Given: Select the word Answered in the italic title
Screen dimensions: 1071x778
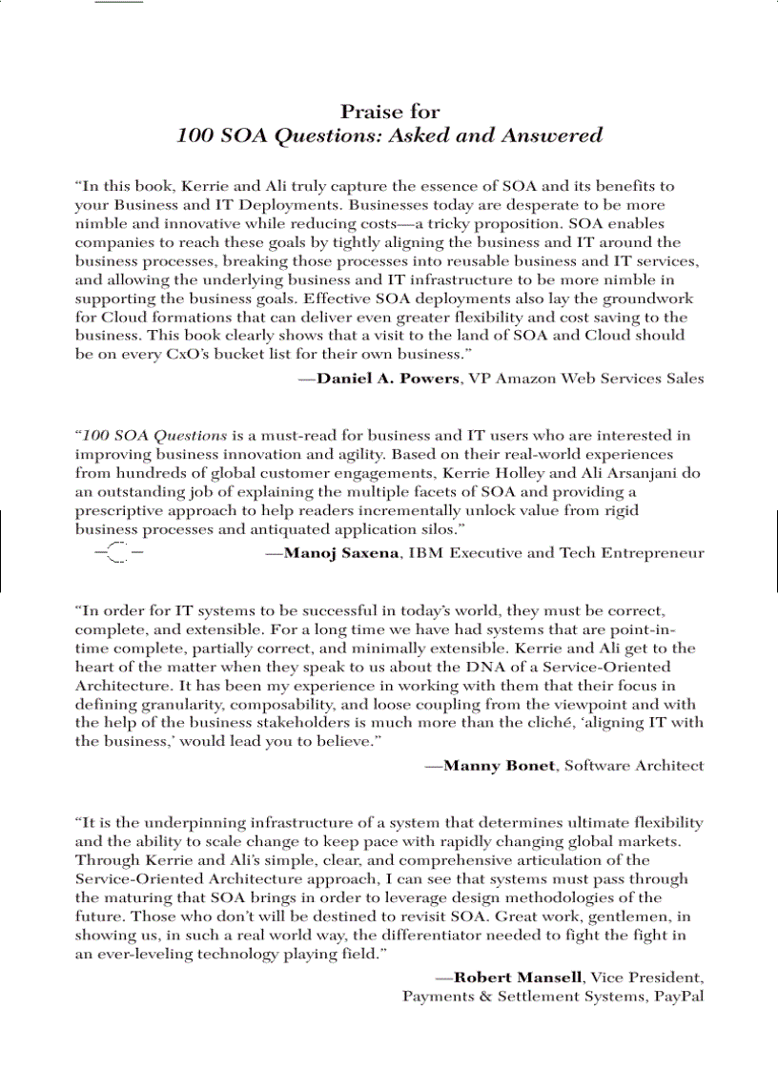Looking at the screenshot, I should click(557, 135).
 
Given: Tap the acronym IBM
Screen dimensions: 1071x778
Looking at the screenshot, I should click(426, 553).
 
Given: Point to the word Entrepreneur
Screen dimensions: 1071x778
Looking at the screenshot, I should click(652, 553).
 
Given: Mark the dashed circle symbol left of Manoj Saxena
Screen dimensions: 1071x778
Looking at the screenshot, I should click(118, 552).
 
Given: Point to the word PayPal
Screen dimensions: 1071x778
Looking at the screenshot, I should click(679, 997).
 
